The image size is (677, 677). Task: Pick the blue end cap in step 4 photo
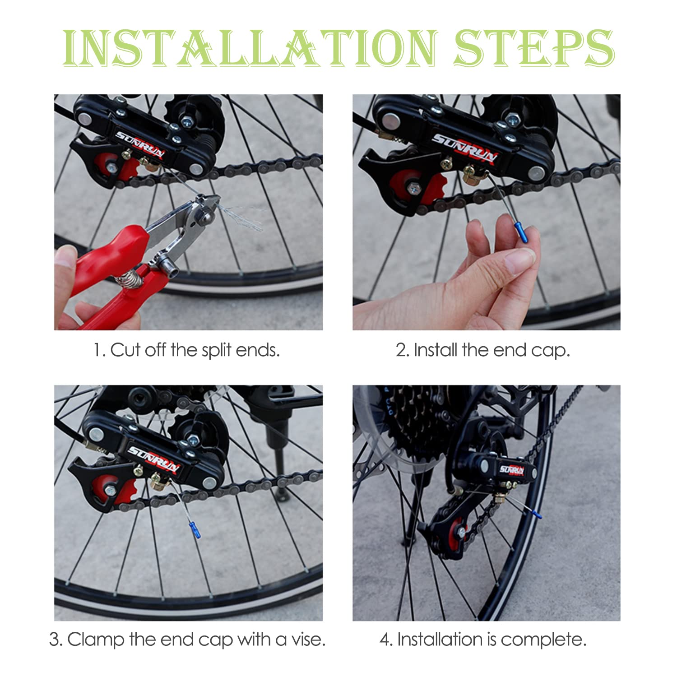(x=536, y=512)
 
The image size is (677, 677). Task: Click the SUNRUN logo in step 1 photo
(x=140, y=144)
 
